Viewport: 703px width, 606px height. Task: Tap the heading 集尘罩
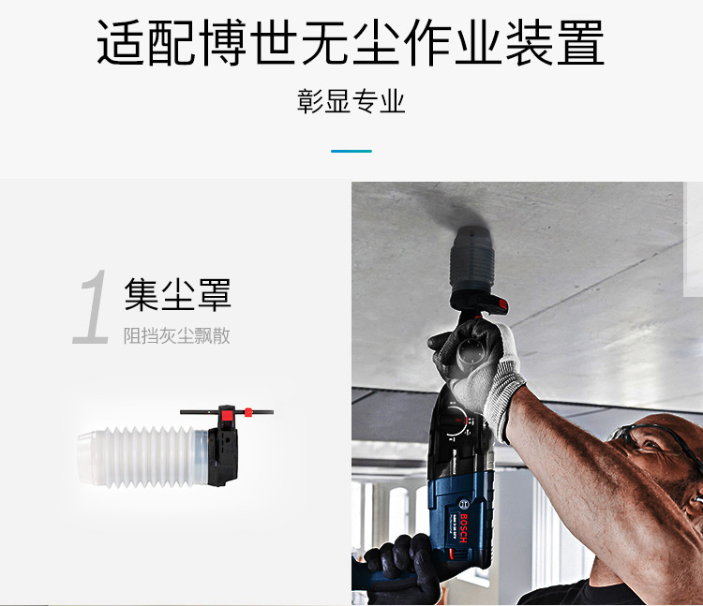pos(177,295)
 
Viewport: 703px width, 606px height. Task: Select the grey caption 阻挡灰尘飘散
pos(176,335)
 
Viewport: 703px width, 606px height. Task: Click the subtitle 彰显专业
pos(351,102)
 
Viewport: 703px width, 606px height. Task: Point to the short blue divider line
pos(351,151)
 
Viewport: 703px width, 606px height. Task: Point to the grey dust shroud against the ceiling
pos(476,258)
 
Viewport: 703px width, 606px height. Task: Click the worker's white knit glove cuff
pos(506,393)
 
